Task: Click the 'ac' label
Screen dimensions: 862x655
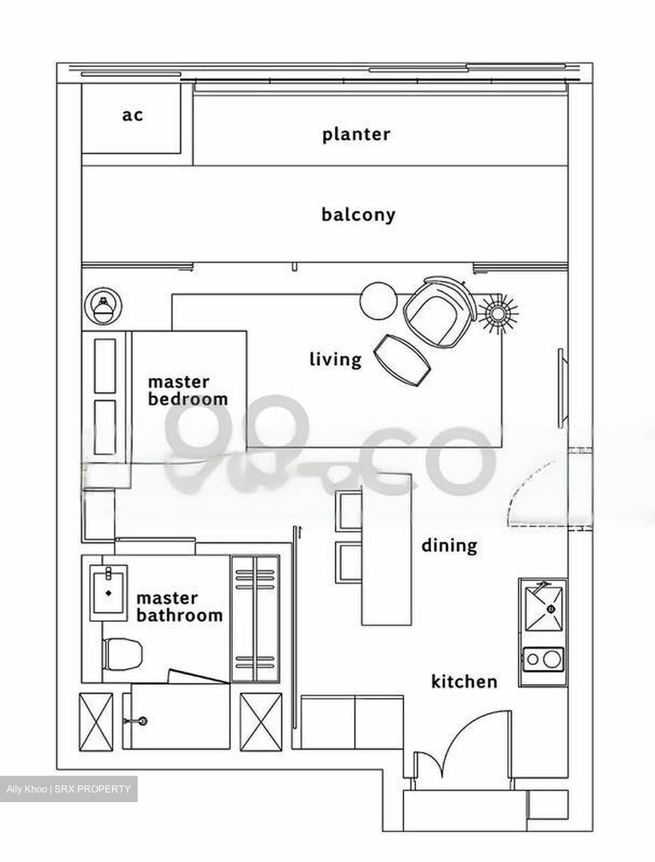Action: [132, 115]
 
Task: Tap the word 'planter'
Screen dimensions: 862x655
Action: [356, 134]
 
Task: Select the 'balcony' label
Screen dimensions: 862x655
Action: [358, 214]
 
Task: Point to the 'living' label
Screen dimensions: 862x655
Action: [335, 359]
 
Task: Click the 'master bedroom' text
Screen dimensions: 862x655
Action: [187, 390]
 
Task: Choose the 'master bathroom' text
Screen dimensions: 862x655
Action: [179, 606]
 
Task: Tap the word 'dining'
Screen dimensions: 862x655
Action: [449, 545]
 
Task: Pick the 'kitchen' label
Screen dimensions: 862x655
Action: [464, 681]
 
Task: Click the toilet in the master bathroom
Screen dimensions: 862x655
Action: [123, 654]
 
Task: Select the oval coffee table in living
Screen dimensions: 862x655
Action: [402, 360]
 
